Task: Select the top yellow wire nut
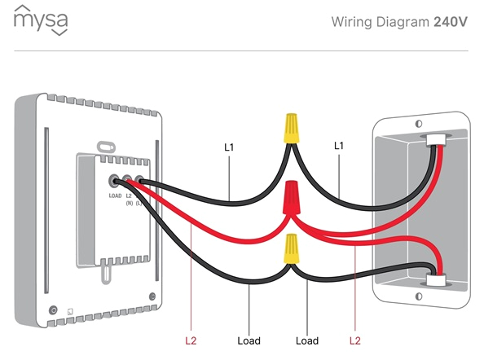pyautogui.click(x=288, y=127)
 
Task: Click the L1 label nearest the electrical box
pyautogui.click(x=339, y=145)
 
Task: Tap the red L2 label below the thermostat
pyautogui.click(x=189, y=340)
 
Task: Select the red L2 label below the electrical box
pyautogui.click(x=354, y=340)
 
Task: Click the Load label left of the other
pyautogui.click(x=249, y=340)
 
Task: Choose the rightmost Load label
pyautogui.click(x=307, y=340)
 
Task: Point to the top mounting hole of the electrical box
pyautogui.click(x=419, y=124)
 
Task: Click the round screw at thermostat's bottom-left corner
pyautogui.click(x=53, y=311)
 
